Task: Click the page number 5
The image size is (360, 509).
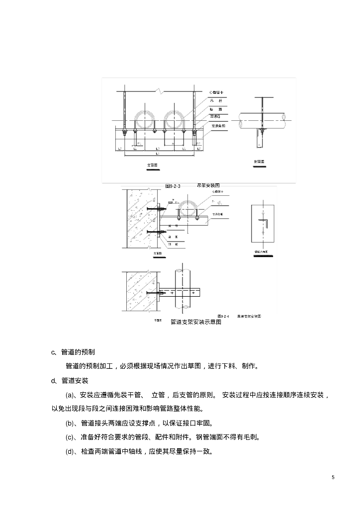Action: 333,477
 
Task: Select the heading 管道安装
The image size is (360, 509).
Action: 74,381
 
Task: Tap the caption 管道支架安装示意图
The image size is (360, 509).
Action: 195,322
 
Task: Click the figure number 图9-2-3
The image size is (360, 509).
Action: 173,185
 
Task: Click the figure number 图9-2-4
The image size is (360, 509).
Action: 223,316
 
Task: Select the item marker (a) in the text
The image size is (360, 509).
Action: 70,395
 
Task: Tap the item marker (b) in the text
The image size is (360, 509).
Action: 70,424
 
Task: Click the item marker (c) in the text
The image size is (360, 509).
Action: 70,437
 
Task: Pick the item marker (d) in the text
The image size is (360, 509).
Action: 70,452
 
